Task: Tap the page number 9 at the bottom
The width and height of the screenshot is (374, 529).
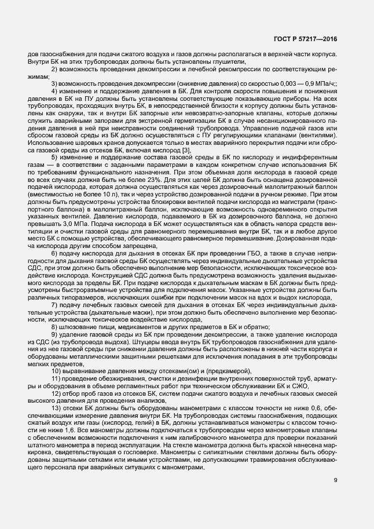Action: point(336,480)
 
